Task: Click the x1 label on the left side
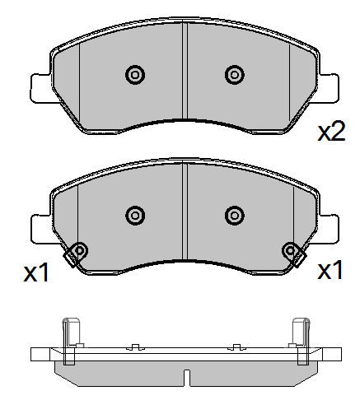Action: [x=36, y=273]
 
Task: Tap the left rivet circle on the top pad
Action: [x=134, y=75]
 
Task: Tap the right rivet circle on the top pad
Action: [x=234, y=75]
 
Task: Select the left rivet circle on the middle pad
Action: [x=134, y=216]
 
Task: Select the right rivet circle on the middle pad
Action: [x=234, y=216]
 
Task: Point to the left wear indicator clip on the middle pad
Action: [x=78, y=253]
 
